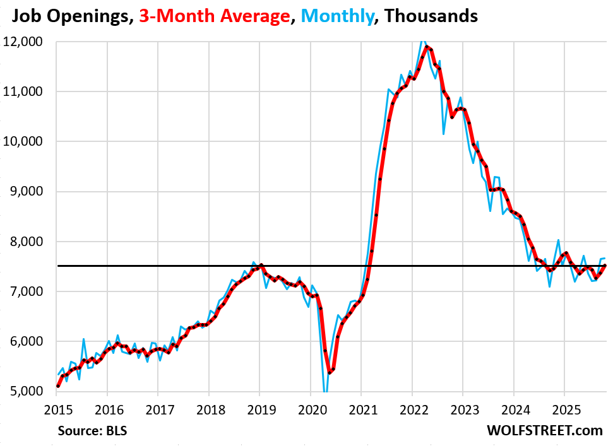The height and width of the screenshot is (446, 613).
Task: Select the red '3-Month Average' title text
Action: (x=211, y=16)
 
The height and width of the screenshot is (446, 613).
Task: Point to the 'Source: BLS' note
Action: (x=97, y=431)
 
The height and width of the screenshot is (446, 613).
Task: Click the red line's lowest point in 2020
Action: (x=330, y=372)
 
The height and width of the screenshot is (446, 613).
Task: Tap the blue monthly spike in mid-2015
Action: (x=83, y=339)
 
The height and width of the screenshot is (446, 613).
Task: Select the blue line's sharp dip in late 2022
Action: (x=444, y=134)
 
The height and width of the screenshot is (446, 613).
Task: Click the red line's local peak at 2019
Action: (x=261, y=266)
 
